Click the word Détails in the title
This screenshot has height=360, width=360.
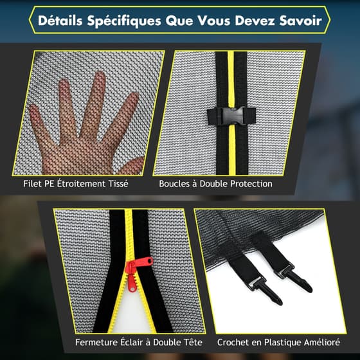pyautogui.click(x=60, y=21)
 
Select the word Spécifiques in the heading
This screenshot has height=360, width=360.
pyautogui.click(x=124, y=21)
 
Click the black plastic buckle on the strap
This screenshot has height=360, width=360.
pyautogui.click(x=231, y=116)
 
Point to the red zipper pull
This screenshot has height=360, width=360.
pyautogui.click(x=137, y=272)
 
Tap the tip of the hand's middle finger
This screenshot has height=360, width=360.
pyautogui.click(x=100, y=75)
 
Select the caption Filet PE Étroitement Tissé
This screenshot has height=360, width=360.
pyautogui.click(x=76, y=184)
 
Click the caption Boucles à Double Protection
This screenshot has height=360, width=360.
pyautogui.click(x=215, y=184)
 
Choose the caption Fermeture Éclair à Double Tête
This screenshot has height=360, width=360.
pyautogui.click(x=139, y=342)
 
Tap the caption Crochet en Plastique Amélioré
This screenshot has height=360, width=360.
pyautogui.click(x=278, y=342)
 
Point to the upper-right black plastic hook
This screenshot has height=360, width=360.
pyautogui.click(x=296, y=278)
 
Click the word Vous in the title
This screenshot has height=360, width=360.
pyautogui.click(x=214, y=21)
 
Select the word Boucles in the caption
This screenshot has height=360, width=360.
pyautogui.click(x=174, y=184)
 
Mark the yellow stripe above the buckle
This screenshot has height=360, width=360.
pyautogui.click(x=231, y=79)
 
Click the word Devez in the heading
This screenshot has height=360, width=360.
pyautogui.click(x=255, y=21)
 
